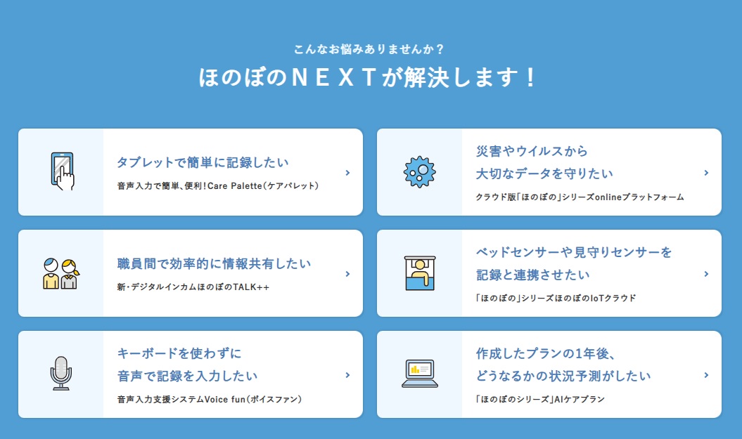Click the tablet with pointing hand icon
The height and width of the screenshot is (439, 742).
pyautogui.click(x=62, y=171)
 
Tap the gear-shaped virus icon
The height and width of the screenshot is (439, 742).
pyautogui.click(x=419, y=171)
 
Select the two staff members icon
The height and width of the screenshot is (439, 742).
pyautogui.click(x=60, y=273)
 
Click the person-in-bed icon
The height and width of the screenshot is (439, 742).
pyautogui.click(x=420, y=273)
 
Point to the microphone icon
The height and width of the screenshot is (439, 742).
pyautogui.click(x=61, y=373)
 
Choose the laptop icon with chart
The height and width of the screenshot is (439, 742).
pyautogui.click(x=420, y=373)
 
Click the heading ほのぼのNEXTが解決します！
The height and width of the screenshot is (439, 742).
pyautogui.click(x=368, y=77)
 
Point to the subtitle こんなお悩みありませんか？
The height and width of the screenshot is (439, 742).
pyautogui.click(x=369, y=49)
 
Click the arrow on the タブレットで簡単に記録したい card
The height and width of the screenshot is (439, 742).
pyautogui.click(x=347, y=173)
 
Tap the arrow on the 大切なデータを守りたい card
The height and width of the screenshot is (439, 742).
pyautogui.click(x=706, y=173)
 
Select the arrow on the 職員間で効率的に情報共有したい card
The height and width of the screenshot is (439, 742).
pyautogui.click(x=347, y=274)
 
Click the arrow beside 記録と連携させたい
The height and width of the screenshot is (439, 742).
pyautogui.click(x=706, y=274)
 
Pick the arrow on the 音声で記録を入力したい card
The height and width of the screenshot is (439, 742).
pyautogui.click(x=347, y=375)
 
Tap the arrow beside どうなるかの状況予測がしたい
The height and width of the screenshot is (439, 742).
pyautogui.click(x=706, y=375)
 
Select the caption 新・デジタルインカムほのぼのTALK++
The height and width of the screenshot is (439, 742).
pyautogui.click(x=193, y=287)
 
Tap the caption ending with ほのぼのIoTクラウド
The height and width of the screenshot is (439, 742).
pyautogui.click(x=556, y=299)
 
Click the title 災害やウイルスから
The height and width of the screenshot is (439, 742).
pyautogui.click(x=532, y=151)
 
